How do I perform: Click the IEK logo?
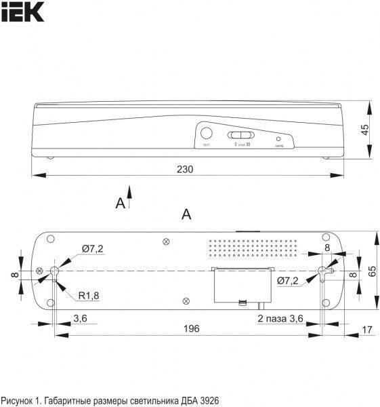tap(23, 12)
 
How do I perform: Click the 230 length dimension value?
tap(185, 169)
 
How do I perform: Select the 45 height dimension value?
tap(365, 131)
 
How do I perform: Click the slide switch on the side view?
tap(238, 135)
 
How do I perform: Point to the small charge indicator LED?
tap(278, 137)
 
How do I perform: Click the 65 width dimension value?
tap(371, 270)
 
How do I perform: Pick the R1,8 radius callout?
tap(88, 295)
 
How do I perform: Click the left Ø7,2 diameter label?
tap(92, 249)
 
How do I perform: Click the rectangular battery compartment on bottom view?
tap(241, 285)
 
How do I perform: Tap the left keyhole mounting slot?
tap(55, 271)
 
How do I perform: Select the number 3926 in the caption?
tap(207, 400)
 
